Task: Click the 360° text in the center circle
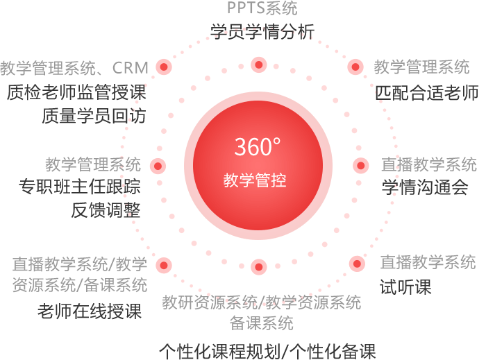click(x=258, y=146)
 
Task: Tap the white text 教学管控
click(x=255, y=180)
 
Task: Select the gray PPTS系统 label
click(x=262, y=8)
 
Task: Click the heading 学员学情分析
click(x=262, y=32)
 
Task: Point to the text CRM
click(x=131, y=68)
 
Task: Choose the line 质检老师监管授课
click(x=76, y=92)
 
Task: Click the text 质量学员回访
click(x=94, y=116)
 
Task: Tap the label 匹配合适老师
click(x=427, y=92)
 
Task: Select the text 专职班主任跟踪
click(x=80, y=187)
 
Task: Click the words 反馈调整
click(x=106, y=210)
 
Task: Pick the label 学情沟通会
click(x=425, y=187)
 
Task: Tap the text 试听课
click(x=405, y=287)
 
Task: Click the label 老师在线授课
click(x=90, y=311)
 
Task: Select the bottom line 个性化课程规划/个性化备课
click(x=267, y=352)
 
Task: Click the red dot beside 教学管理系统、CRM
click(x=164, y=67)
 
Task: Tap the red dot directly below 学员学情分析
click(x=259, y=65)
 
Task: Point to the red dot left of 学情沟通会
click(x=361, y=166)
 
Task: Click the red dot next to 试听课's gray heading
click(x=357, y=264)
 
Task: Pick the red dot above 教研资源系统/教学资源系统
click(x=259, y=267)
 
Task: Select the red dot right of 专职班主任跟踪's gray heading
click(x=158, y=166)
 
